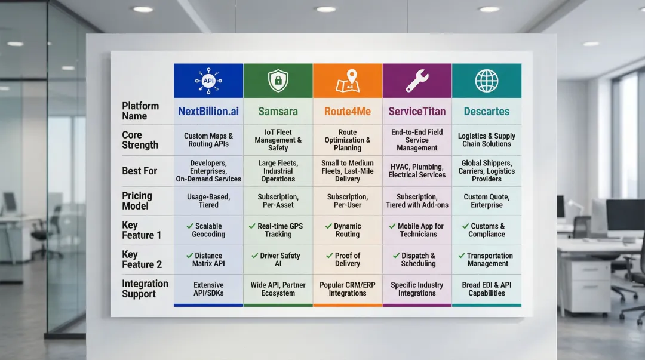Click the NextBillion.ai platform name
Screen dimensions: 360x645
pyautogui.click(x=208, y=112)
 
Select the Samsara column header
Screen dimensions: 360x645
pyautogui.click(x=278, y=112)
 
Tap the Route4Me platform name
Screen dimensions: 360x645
pyautogui.click(x=348, y=112)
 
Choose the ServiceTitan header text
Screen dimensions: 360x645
pyautogui.click(x=417, y=112)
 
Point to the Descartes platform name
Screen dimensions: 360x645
pyautogui.click(x=486, y=112)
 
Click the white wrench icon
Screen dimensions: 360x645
pyautogui.click(x=417, y=81)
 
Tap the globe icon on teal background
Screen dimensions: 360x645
pyautogui.click(x=486, y=81)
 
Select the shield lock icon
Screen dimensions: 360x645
pyautogui.click(x=278, y=81)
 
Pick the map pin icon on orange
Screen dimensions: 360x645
pyautogui.click(x=348, y=81)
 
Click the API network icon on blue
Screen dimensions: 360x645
pyautogui.click(x=208, y=81)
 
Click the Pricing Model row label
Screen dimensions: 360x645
pyautogui.click(x=137, y=201)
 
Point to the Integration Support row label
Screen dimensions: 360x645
pyautogui.click(x=145, y=288)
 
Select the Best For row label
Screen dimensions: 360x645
pyautogui.click(x=139, y=171)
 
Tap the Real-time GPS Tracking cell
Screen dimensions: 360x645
pyautogui.click(x=278, y=230)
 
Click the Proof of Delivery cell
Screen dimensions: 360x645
pyautogui.click(x=348, y=259)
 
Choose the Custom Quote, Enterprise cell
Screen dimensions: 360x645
pyautogui.click(x=486, y=201)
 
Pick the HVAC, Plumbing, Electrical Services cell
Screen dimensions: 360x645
pyautogui.click(x=417, y=171)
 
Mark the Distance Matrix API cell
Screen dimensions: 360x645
pyautogui.click(x=208, y=259)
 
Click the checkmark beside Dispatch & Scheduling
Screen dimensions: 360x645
pyautogui.click(x=396, y=256)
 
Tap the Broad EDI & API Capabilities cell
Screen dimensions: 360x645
pyautogui.click(x=486, y=289)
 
